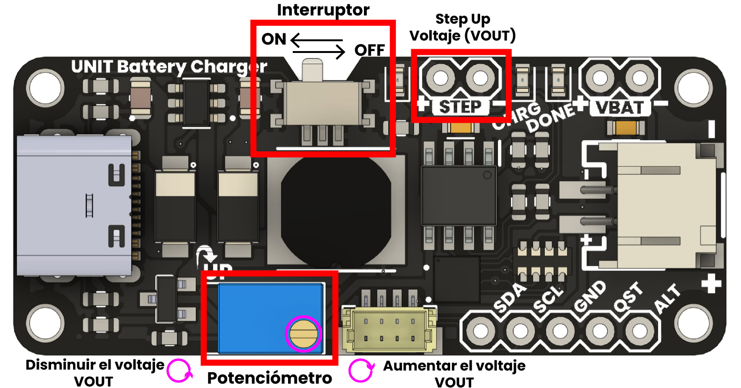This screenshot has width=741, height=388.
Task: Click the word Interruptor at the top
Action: tap(323, 10)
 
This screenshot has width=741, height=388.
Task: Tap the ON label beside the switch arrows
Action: tap(274, 39)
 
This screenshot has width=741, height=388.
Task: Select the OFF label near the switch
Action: tap(370, 50)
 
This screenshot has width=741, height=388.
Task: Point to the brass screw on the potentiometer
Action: tap(304, 334)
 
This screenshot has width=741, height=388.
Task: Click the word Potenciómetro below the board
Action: tap(269, 378)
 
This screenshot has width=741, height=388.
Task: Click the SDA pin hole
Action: tap(480, 331)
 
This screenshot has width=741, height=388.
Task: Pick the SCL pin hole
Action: tap(520, 331)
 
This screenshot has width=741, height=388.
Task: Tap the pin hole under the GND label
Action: tap(560, 331)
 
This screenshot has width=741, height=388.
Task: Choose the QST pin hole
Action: tap(600, 331)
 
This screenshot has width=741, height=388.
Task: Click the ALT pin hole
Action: tap(639, 331)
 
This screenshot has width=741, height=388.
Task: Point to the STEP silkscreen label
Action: tap(460, 107)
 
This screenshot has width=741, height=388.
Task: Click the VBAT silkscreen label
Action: tap(619, 108)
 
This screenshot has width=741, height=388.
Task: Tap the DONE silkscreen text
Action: tap(550, 118)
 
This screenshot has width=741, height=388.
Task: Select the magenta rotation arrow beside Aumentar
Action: tap(361, 371)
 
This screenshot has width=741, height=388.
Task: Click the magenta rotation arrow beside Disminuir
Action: tap(179, 371)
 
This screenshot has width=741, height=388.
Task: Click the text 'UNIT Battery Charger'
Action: tap(169, 67)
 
